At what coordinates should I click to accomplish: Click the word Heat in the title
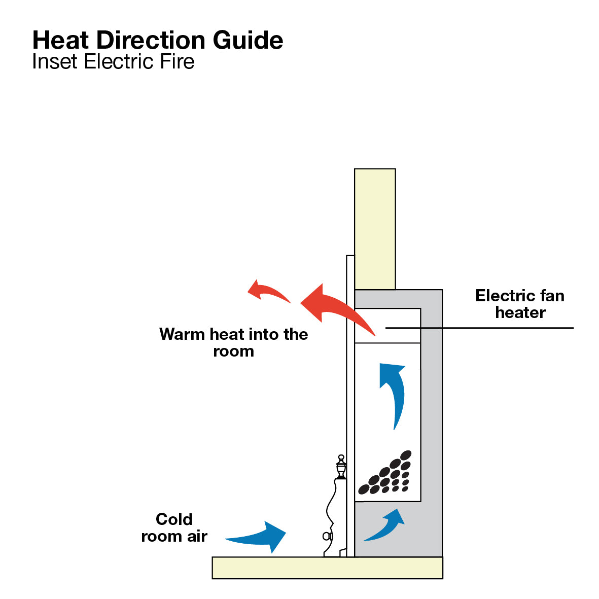pyautogui.click(x=61, y=40)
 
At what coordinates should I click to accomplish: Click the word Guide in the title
pyautogui.click(x=248, y=40)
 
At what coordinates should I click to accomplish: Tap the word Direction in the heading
pyautogui.click(x=151, y=40)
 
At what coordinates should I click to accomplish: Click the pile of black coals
pyautogui.click(x=385, y=473)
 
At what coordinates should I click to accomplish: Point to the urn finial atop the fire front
pyautogui.click(x=341, y=467)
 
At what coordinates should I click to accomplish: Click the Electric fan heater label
pyautogui.click(x=520, y=304)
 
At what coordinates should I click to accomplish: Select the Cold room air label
pyautogui.click(x=174, y=527)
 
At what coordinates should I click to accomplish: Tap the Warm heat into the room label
pyautogui.click(x=233, y=342)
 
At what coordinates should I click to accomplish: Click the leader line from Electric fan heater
pyautogui.click(x=479, y=328)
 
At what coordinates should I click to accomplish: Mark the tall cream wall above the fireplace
pyautogui.click(x=375, y=229)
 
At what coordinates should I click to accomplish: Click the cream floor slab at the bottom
pyautogui.click(x=327, y=568)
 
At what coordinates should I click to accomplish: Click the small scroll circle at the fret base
pyautogui.click(x=326, y=536)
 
